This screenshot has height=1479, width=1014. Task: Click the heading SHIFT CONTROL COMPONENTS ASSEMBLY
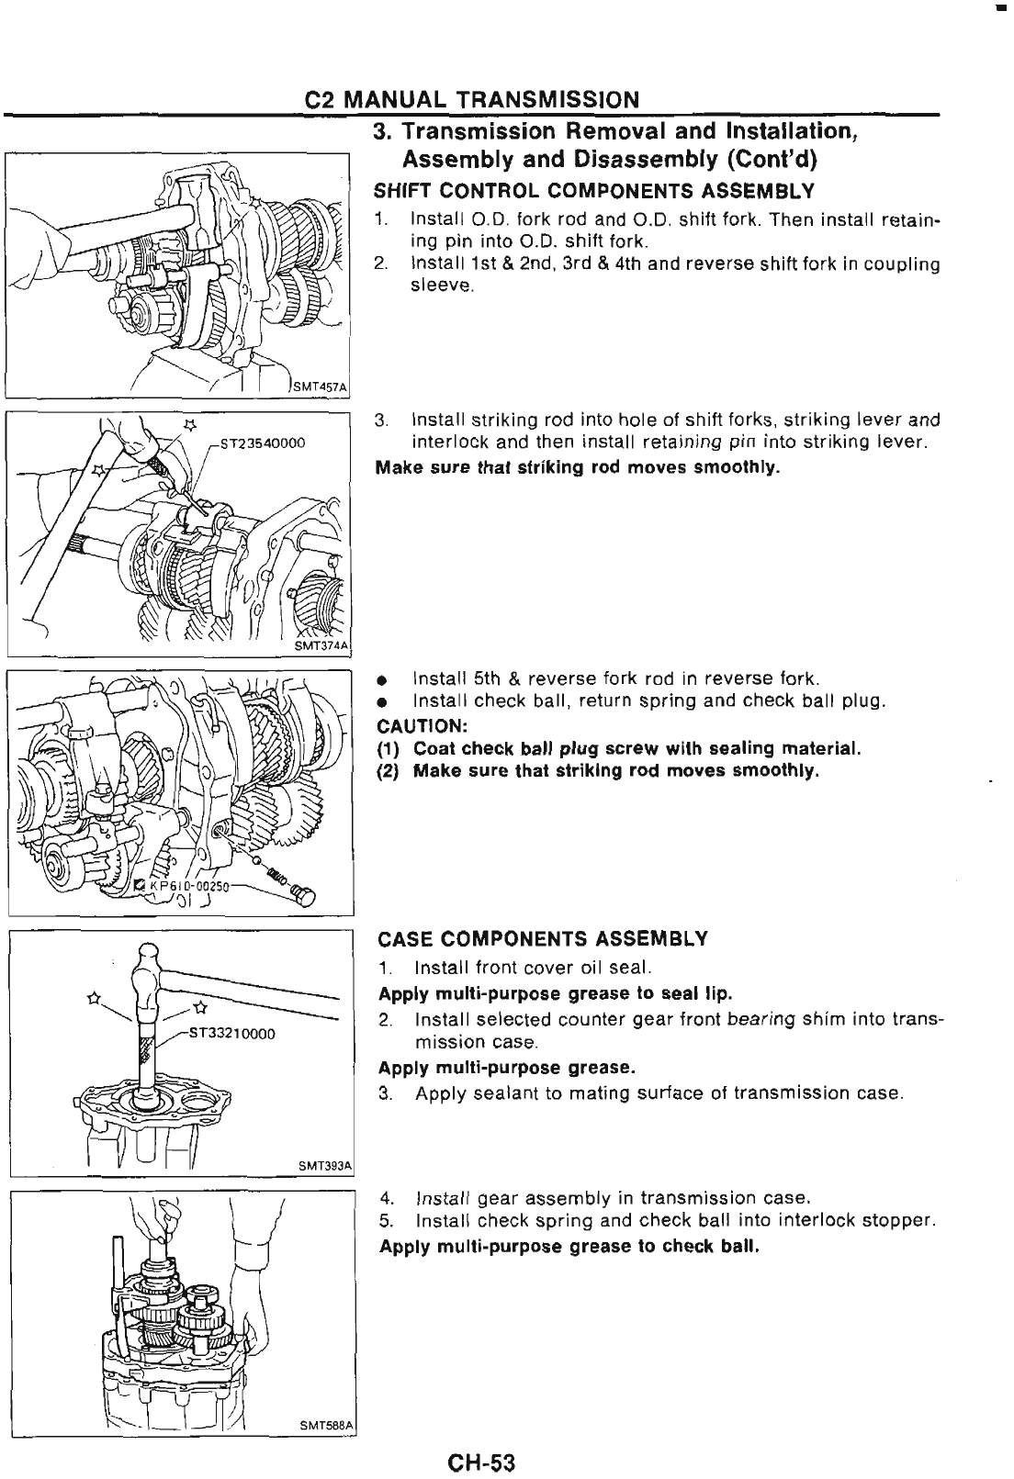click(x=594, y=191)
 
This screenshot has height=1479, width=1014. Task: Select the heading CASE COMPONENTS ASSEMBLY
click(x=543, y=938)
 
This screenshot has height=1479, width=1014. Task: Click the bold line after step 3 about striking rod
click(x=579, y=468)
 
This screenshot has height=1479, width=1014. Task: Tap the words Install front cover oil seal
click(x=534, y=968)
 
